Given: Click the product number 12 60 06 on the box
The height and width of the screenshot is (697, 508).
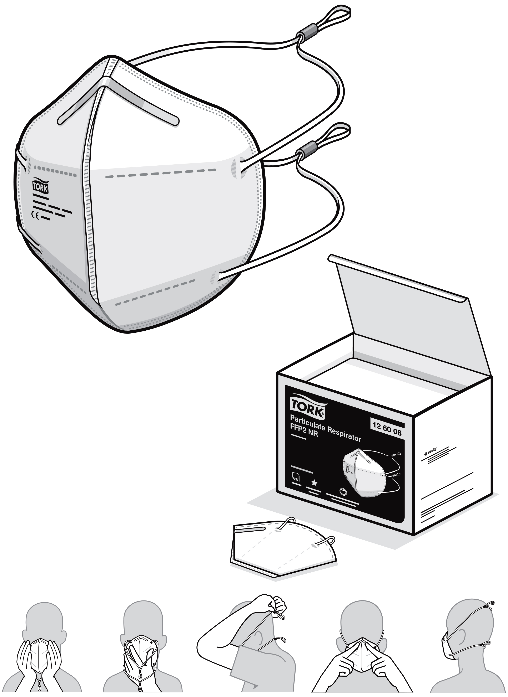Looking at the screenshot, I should [387, 429].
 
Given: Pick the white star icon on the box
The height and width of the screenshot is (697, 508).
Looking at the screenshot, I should [314, 483].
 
